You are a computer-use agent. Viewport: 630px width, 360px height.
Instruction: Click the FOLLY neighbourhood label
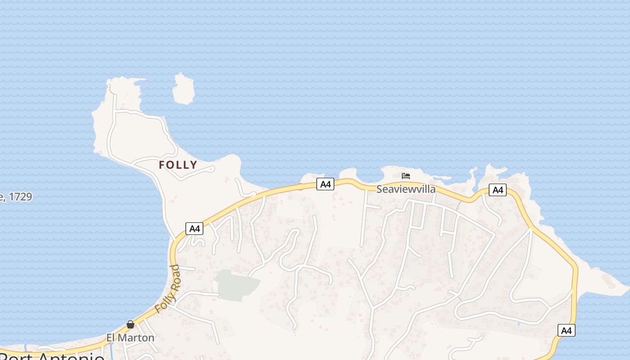pos(178,165)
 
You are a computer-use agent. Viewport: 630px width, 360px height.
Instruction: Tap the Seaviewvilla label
pos(406,189)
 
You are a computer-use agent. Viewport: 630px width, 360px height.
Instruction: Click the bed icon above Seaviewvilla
pos(406,176)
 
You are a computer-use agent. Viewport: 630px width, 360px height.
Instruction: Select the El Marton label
pos(130,337)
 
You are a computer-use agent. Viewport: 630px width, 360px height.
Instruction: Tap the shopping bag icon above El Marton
pos(130,324)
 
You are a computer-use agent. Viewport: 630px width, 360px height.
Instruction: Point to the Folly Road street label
pos(167,289)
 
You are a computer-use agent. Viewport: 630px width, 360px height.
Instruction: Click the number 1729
pos(20,197)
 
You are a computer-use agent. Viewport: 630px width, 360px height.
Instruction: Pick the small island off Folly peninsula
pos(184,89)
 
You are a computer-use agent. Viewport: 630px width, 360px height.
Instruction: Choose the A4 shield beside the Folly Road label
pos(194,229)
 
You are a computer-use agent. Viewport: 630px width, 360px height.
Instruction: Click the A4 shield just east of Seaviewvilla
pos(497,190)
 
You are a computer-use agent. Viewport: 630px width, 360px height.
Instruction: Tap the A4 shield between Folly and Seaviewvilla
pos(325,184)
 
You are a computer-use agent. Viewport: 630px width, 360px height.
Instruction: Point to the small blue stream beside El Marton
pos(111,349)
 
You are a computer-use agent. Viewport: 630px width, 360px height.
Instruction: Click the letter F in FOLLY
pos(162,165)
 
